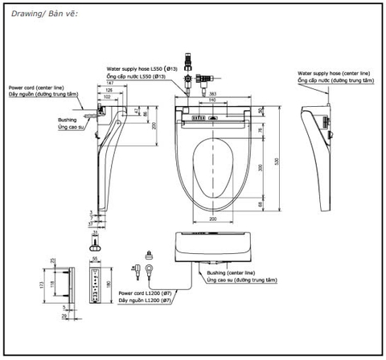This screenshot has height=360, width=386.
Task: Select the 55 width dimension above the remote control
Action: coord(94,260)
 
